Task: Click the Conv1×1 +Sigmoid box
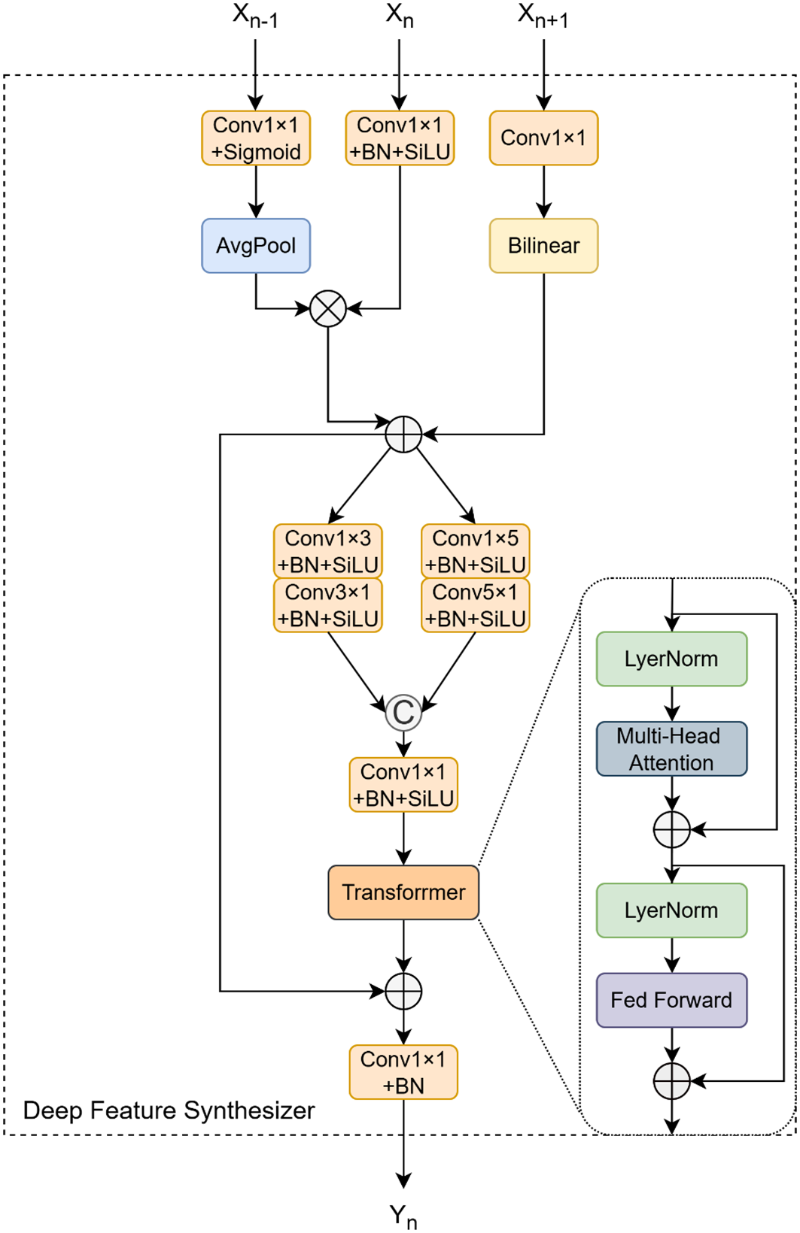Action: pyautogui.click(x=256, y=138)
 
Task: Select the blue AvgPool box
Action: pyautogui.click(x=256, y=246)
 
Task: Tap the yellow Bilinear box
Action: pyautogui.click(x=543, y=246)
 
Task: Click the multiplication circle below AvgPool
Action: pyautogui.click(x=328, y=309)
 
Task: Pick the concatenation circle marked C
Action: pyautogui.click(x=403, y=713)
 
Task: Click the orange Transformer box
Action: pyautogui.click(x=403, y=892)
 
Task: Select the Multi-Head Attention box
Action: pyautogui.click(x=671, y=749)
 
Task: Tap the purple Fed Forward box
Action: pyautogui.click(x=671, y=1000)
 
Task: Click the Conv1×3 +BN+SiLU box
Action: pyautogui.click(x=328, y=551)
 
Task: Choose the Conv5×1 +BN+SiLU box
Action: pyautogui.click(x=476, y=605)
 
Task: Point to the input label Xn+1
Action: pyautogui.click(x=543, y=16)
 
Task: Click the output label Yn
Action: pyautogui.click(x=403, y=1216)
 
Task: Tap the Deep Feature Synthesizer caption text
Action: pyautogui.click(x=169, y=1110)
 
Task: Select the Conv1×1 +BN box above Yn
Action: pyautogui.click(x=403, y=1072)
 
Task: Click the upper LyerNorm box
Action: pyautogui.click(x=671, y=659)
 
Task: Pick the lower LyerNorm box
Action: pyautogui.click(x=671, y=910)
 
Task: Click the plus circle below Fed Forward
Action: pyautogui.click(x=671, y=1081)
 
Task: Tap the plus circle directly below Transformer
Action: pyautogui.click(x=403, y=991)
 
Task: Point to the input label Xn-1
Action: pyautogui.click(x=255, y=16)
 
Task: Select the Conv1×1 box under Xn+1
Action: pyautogui.click(x=543, y=138)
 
